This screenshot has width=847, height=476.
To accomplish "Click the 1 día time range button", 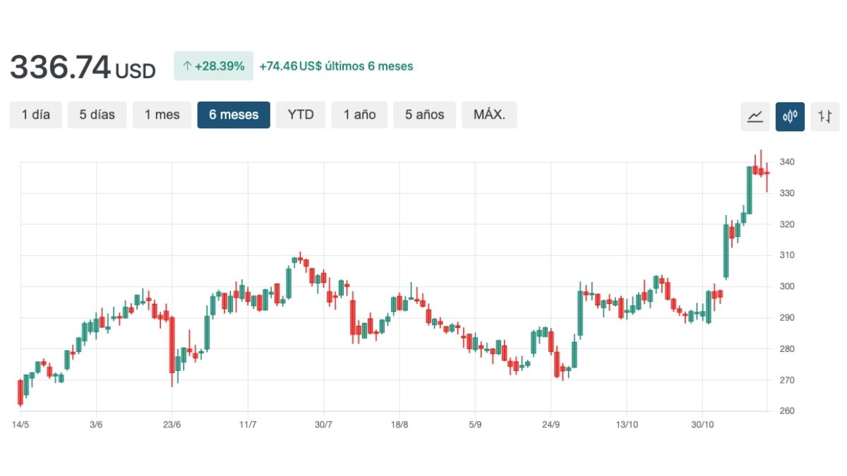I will click(36, 115).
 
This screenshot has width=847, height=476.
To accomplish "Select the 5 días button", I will click(97, 115).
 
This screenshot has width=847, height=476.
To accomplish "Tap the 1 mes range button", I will click(162, 115).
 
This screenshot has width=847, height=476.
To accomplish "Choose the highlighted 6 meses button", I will click(234, 115).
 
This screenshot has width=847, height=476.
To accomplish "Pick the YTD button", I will click(301, 115).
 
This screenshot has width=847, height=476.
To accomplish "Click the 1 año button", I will click(359, 115).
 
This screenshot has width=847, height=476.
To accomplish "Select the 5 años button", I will click(424, 115).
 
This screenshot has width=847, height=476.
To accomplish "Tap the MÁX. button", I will click(489, 115).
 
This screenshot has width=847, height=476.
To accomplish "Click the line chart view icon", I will click(755, 116).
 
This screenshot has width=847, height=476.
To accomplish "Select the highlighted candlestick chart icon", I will click(790, 116).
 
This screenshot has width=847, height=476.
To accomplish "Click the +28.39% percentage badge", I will click(213, 66).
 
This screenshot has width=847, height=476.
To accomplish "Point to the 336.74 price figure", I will click(61, 68).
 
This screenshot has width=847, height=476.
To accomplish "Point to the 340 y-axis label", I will click(787, 162).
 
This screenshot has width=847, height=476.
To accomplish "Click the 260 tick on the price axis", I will click(787, 411).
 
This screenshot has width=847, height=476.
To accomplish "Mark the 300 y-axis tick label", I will click(787, 286).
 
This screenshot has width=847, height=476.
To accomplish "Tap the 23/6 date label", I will click(172, 425).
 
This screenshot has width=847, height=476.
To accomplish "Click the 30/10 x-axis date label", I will click(702, 425).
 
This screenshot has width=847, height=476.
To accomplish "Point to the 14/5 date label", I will click(20, 425).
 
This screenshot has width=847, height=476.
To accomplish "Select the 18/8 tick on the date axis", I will click(400, 425).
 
